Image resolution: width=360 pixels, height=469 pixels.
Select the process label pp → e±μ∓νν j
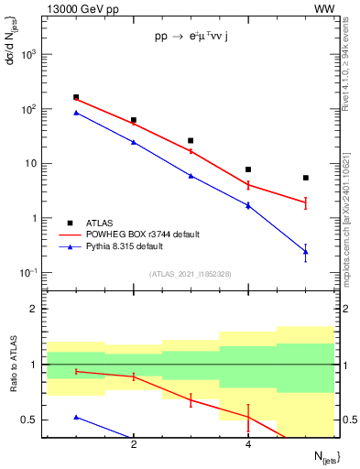(x=197, y=38)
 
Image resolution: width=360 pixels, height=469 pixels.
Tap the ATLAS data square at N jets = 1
(x=76, y=97)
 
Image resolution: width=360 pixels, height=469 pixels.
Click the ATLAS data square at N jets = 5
(x=306, y=178)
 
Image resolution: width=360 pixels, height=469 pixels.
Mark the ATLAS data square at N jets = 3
(x=191, y=141)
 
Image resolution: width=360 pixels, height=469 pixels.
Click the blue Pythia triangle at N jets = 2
(x=134, y=142)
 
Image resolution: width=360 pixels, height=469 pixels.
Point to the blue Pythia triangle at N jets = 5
(x=306, y=252)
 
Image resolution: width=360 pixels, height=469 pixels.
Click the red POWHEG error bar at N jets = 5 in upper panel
(x=306, y=202)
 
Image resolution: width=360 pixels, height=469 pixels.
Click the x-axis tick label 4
(x=248, y=445)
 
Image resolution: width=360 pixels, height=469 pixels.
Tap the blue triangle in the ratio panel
(x=76, y=417)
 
